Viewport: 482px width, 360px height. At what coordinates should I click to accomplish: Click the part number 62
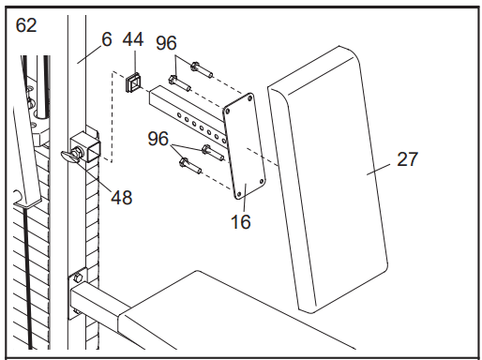(x=26, y=25)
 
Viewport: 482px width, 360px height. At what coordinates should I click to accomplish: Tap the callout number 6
(x=107, y=39)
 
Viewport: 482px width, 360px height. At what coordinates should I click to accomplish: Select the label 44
(x=133, y=39)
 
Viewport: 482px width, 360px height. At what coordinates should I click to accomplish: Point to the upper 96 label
(x=166, y=43)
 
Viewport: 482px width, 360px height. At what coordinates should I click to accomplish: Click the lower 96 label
(x=158, y=139)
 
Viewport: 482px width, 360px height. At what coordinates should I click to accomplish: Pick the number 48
(x=122, y=198)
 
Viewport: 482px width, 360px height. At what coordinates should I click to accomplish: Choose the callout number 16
(x=241, y=222)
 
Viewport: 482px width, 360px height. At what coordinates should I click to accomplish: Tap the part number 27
(x=407, y=159)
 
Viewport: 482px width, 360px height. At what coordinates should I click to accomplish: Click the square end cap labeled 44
(x=133, y=82)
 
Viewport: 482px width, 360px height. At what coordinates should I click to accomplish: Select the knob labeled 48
(x=71, y=156)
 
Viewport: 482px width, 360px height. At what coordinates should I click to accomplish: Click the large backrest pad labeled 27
(x=327, y=180)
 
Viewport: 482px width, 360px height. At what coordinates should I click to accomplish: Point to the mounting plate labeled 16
(x=244, y=146)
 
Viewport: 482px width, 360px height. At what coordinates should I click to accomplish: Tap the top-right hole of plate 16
(x=249, y=98)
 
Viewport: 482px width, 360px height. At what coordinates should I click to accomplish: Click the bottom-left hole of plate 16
(x=239, y=194)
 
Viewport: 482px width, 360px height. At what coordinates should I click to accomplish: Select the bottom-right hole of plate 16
(x=262, y=181)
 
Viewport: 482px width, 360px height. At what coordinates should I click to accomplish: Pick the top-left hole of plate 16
(x=228, y=112)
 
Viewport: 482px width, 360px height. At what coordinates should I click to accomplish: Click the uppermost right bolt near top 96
(x=202, y=69)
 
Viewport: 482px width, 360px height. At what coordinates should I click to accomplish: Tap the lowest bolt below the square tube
(x=190, y=166)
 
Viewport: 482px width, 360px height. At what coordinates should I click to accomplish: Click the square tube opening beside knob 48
(x=94, y=152)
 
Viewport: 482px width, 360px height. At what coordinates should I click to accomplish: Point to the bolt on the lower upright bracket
(x=78, y=277)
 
